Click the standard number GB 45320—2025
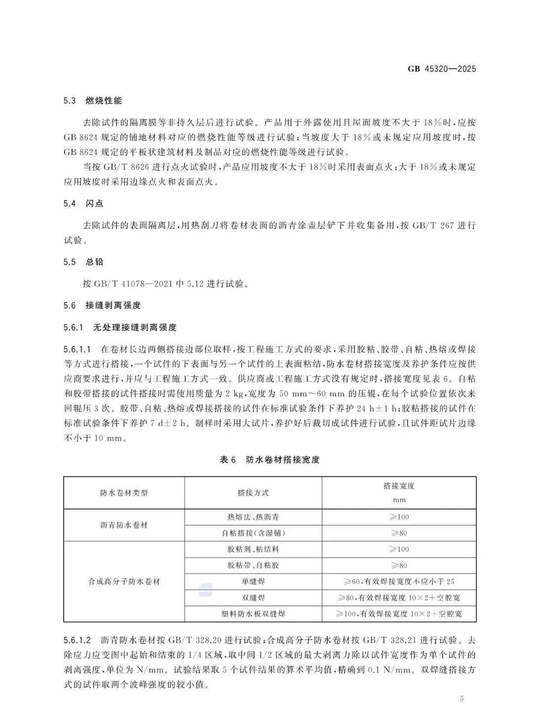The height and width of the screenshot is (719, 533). coord(442,69)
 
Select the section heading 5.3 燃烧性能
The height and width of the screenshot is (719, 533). coord(92,101)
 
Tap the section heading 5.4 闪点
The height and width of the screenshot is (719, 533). coord(83,204)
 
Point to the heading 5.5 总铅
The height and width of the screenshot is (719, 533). coord(83,262)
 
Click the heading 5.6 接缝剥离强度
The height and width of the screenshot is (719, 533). coord(102,305)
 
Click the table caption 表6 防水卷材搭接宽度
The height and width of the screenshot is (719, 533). coord(269,459)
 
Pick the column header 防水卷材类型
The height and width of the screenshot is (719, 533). coord(124,492)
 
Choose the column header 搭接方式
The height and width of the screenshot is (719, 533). coord(253,492)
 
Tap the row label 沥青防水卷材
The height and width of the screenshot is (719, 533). coord(124,525)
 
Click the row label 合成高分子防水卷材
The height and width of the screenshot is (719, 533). coord(124,582)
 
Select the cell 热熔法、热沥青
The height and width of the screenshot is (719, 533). coord(253,517)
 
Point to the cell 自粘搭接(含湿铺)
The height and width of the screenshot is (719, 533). coord(253,533)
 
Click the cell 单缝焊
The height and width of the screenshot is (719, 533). coord(253,582)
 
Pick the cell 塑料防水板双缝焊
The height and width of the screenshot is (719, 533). coord(253,614)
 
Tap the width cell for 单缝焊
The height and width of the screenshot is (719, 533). coord(399,582)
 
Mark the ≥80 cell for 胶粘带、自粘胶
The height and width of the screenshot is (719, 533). coord(399,566)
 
